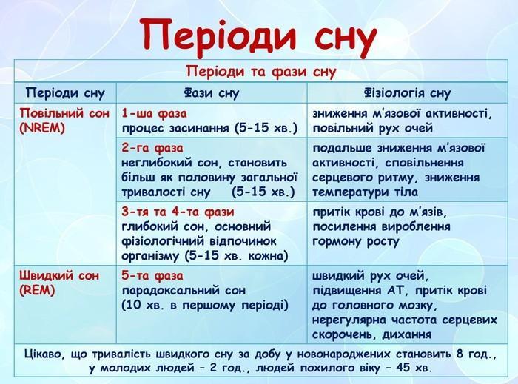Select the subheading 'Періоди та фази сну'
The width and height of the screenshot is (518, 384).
click(x=261, y=71)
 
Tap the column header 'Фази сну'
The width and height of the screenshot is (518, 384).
click(x=212, y=92)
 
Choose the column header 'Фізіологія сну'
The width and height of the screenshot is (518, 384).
click(x=408, y=92)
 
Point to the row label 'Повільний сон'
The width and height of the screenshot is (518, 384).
click(x=64, y=113)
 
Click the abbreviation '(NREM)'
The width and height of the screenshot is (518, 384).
click(x=42, y=128)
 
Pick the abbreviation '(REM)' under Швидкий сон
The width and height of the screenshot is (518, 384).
click(x=37, y=290)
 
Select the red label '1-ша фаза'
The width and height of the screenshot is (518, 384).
click(x=154, y=113)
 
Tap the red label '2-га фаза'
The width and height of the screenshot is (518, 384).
click(x=152, y=147)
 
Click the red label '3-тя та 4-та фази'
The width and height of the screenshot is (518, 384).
click(x=178, y=212)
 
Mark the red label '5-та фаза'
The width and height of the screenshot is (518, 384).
click(x=152, y=276)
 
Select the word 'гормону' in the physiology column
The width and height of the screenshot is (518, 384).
click(x=337, y=242)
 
